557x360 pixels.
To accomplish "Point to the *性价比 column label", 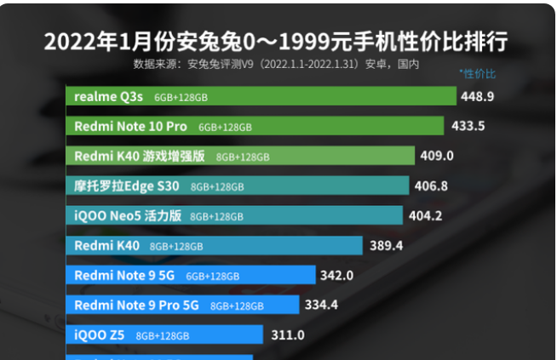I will (477, 74).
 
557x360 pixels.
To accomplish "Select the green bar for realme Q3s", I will (261, 96).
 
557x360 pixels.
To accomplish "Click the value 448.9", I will (478, 97).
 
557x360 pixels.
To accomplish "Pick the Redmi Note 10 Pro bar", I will (255, 126).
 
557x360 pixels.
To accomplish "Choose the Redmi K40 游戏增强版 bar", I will (240, 156).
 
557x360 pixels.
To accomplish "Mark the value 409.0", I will (438, 156).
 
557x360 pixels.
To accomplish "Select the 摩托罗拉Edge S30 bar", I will (237, 186).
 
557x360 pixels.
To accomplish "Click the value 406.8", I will (431, 186).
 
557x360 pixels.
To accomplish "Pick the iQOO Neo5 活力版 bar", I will (234, 215).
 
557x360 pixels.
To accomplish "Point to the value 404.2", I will (425, 215).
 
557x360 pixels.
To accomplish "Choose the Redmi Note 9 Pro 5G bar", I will (182, 305).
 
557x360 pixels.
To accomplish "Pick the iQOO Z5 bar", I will (164, 334).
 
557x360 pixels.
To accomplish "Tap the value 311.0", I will (288, 334).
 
